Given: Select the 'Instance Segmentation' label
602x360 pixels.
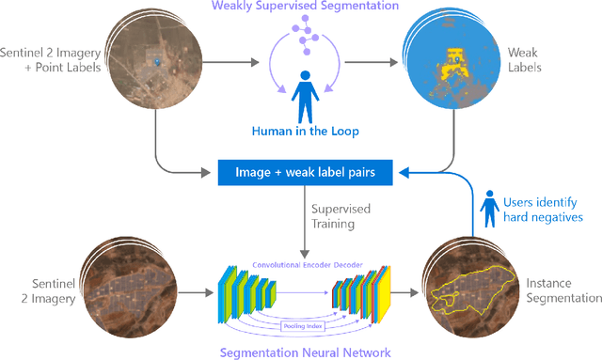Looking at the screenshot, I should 562,289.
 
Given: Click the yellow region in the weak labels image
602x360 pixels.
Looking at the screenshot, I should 454,55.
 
